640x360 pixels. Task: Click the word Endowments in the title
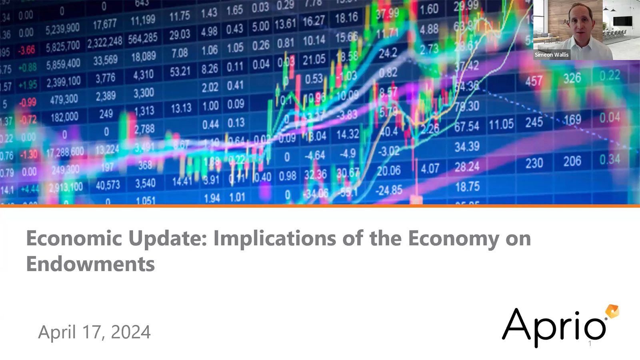click(x=90, y=264)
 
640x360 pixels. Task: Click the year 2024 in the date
click(x=131, y=332)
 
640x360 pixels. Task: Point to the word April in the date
click(x=57, y=332)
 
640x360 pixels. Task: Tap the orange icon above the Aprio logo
click(x=612, y=311)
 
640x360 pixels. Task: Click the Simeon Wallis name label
click(x=551, y=55)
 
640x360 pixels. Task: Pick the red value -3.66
click(x=27, y=50)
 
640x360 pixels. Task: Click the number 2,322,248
click(x=105, y=42)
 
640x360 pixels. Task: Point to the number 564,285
click(x=143, y=38)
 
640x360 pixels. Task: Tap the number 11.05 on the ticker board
click(x=501, y=124)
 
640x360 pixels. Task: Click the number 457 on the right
click(x=534, y=82)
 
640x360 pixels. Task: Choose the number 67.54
click(x=466, y=127)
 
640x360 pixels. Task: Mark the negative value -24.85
click(x=389, y=190)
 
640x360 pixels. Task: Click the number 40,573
click(x=108, y=185)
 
